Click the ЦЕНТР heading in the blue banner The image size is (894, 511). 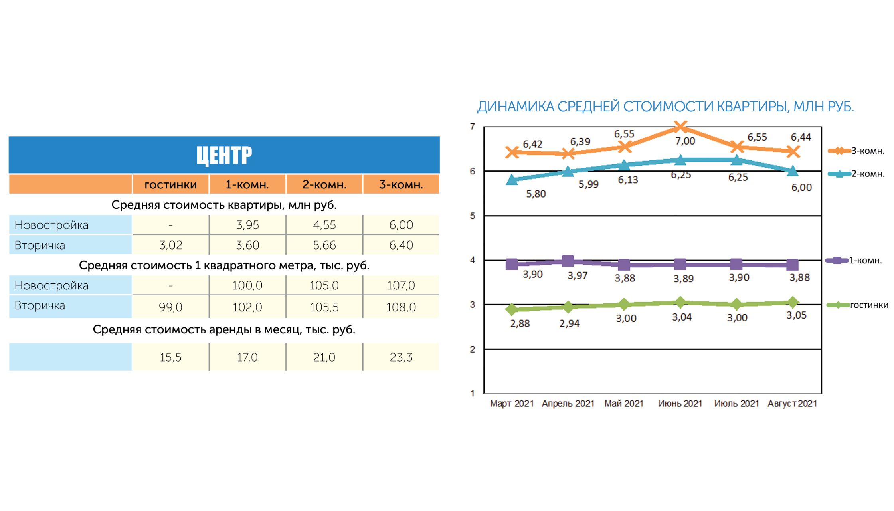(x=224, y=155)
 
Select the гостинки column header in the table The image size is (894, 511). (x=170, y=184)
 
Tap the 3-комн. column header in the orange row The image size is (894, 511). (x=401, y=184)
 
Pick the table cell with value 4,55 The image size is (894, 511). (x=324, y=225)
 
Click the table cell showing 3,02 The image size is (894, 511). (x=170, y=245)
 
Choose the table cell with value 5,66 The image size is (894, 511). (x=324, y=245)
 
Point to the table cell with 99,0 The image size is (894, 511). (x=170, y=307)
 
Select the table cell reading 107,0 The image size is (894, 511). (x=401, y=285)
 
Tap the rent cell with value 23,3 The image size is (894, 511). (x=401, y=357)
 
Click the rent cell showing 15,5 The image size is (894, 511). (x=170, y=357)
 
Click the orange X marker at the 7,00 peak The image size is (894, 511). (x=680, y=127)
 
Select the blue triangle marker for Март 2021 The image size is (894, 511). (x=512, y=180)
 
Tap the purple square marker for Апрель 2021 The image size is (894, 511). (x=568, y=261)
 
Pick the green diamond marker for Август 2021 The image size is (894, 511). (x=793, y=302)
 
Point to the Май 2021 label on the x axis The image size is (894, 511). (x=624, y=404)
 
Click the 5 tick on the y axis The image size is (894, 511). (x=473, y=216)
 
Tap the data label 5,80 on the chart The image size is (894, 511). (x=536, y=194)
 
